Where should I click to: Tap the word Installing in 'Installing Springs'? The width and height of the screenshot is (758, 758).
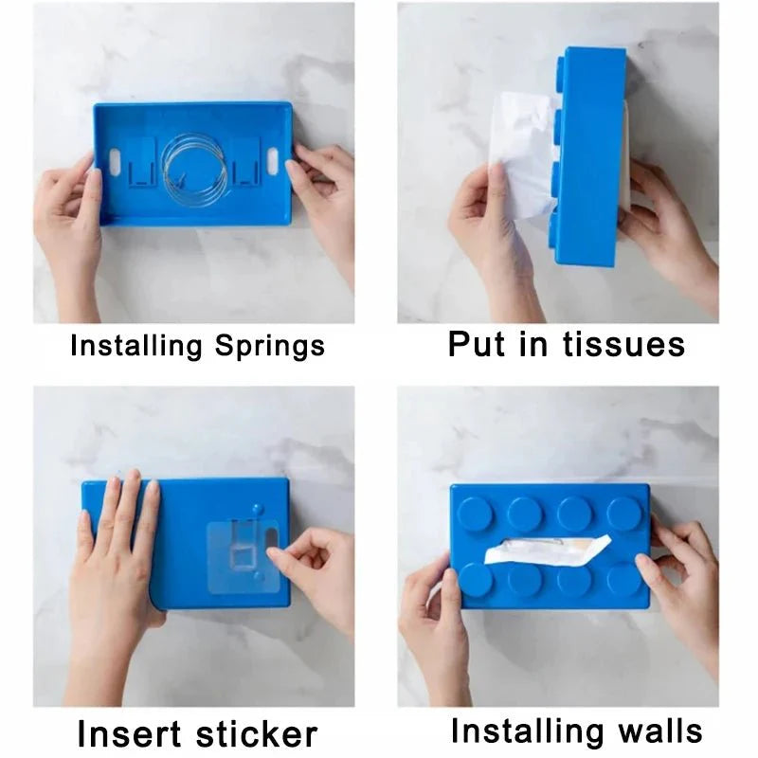pyautogui.click(x=130, y=345)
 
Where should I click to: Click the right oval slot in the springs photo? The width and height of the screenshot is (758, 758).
pyautogui.click(x=275, y=157)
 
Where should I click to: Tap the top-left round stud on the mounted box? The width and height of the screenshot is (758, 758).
pyautogui.click(x=475, y=513)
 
